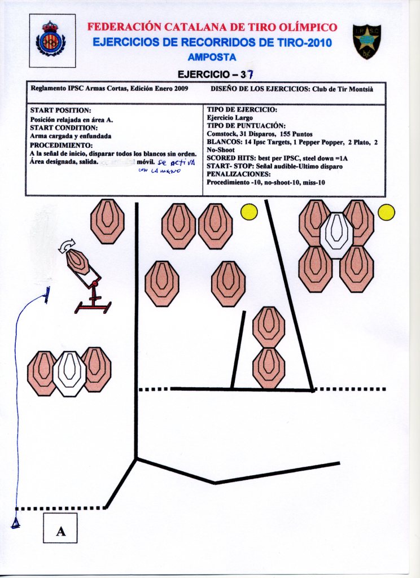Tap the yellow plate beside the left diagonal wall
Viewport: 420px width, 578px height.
click(x=249, y=212)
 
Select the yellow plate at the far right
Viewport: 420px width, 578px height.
click(x=386, y=212)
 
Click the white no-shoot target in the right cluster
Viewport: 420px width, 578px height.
click(x=336, y=235)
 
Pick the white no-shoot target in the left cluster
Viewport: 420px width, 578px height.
click(x=69, y=373)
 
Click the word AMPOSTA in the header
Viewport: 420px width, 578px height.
click(x=212, y=57)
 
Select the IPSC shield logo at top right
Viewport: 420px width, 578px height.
click(x=367, y=41)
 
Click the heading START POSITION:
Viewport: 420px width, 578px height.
click(x=60, y=110)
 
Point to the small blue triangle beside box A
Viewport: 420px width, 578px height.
click(x=16, y=524)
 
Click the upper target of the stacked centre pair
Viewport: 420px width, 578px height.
click(x=269, y=327)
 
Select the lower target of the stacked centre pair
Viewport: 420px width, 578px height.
click(x=269, y=367)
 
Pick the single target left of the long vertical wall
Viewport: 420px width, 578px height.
click(x=107, y=221)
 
